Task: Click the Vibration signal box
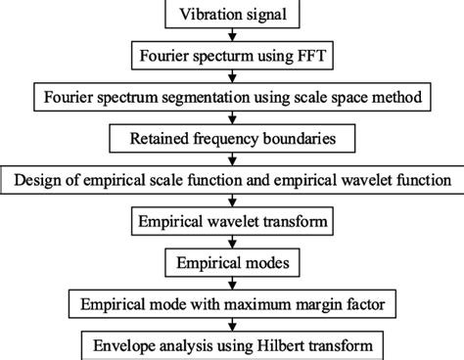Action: coord(232,15)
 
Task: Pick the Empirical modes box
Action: coord(232,262)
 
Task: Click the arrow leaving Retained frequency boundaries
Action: coord(232,159)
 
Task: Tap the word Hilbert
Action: coord(298,346)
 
